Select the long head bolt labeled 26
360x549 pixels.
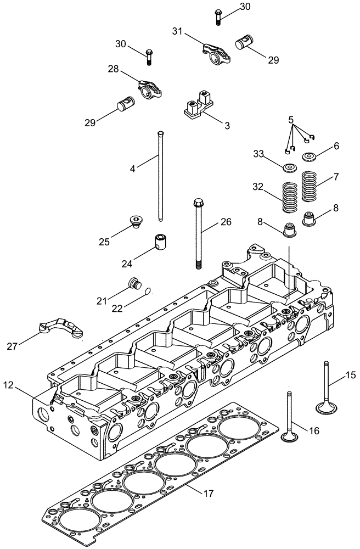click(198, 233)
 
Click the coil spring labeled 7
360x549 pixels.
click(312, 186)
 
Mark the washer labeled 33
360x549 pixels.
click(289, 166)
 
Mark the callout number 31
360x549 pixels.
click(177, 33)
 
